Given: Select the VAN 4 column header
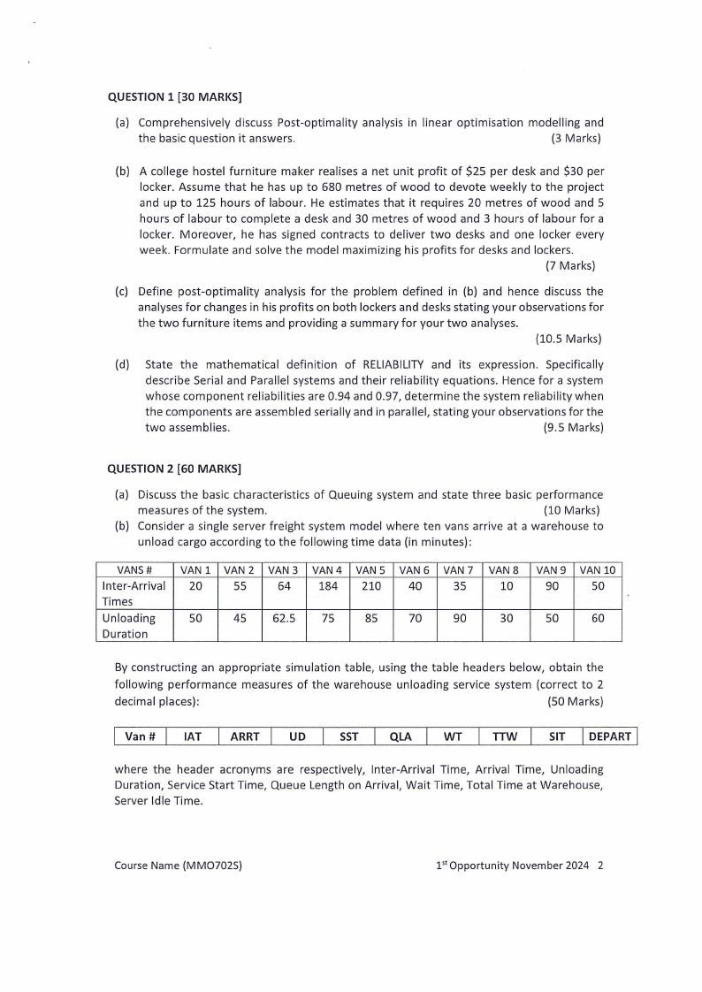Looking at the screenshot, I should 328,569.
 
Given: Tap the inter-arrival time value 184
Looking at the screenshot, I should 328,585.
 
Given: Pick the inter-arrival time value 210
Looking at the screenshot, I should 371,585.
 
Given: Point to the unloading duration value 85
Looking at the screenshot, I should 371,619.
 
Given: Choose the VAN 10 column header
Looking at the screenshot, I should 598,569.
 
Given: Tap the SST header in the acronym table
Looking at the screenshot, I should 349,736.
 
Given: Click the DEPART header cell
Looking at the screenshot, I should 610,736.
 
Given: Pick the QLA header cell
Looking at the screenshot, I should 401,736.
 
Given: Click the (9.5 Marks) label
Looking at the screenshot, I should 573,428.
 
